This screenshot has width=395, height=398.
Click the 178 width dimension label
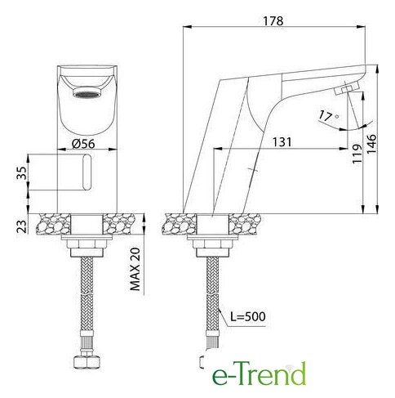click(x=273, y=21)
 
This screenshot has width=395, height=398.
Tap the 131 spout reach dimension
click(x=282, y=142)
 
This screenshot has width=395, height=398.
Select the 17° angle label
click(x=328, y=116)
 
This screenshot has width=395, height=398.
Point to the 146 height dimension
click(x=371, y=143)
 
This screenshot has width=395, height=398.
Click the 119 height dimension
click(x=357, y=154)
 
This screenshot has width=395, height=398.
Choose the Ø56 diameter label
click(x=83, y=144)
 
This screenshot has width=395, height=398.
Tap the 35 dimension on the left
click(x=22, y=173)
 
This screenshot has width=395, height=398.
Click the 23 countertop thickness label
click(x=22, y=226)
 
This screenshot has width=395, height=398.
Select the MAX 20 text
click(x=135, y=269)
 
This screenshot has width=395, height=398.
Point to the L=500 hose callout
click(x=247, y=316)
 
